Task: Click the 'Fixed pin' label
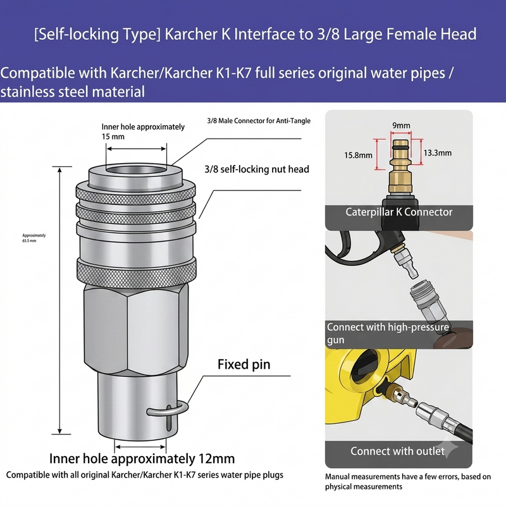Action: pyautogui.click(x=244, y=364)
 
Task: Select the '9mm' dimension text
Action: pyautogui.click(x=401, y=125)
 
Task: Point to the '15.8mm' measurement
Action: pyautogui.click(x=358, y=155)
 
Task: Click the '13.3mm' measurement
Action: pyautogui.click(x=437, y=152)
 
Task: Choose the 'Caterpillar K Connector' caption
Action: pyautogui.click(x=399, y=212)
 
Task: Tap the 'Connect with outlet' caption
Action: pyautogui.click(x=398, y=451)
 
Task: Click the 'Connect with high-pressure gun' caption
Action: pyautogui.click(x=388, y=333)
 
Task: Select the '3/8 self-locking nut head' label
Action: pyautogui.click(x=257, y=169)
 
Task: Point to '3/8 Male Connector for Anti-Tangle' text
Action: pyautogui.click(x=259, y=121)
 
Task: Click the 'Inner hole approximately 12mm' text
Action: pyautogui.click(x=142, y=459)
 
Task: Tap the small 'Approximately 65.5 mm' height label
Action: pyautogui.click(x=34, y=238)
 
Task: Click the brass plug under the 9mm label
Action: pyautogui.click(x=400, y=166)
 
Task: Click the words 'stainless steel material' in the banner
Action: pyautogui.click(x=73, y=92)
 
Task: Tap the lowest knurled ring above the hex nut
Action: pyautogui.click(x=136, y=272)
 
